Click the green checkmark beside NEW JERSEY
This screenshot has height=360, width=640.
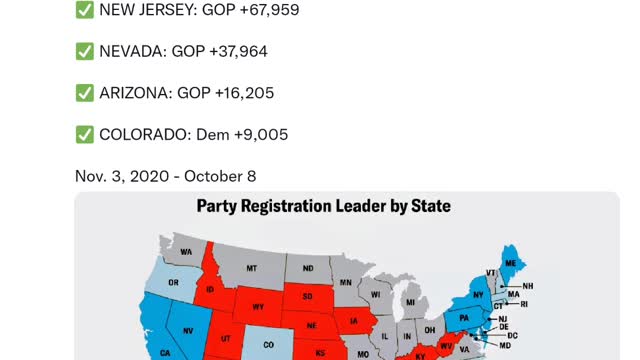coord(85,10)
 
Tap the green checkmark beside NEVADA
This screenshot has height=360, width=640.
coord(85,51)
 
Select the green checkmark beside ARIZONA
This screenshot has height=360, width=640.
coord(85,93)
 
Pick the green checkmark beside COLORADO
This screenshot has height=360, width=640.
coord(85,134)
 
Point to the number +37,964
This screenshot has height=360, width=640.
coord(232,51)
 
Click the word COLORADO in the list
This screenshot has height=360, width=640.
coord(142,134)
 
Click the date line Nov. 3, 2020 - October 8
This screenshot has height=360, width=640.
coord(165,176)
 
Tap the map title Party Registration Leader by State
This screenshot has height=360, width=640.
coord(323,206)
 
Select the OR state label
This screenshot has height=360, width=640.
coord(173,283)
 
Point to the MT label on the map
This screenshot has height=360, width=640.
coord(252,268)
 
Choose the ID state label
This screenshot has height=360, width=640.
coord(211,290)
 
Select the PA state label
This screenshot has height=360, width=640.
coord(464,320)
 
